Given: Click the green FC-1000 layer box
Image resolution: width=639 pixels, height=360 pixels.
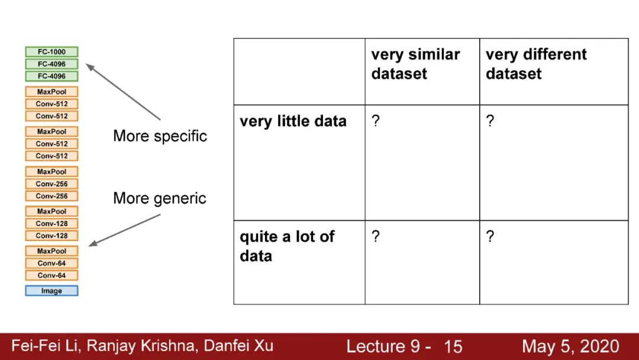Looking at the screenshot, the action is pos(51,52).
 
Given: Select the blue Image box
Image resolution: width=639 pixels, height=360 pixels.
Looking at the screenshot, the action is pos(51,291).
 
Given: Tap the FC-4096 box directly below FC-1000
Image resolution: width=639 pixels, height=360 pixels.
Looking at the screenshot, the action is pos(51,64).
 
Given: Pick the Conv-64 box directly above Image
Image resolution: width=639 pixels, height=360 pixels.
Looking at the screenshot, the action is pos(51,275).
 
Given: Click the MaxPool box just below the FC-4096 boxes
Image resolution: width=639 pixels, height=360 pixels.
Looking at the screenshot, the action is pos(51,92).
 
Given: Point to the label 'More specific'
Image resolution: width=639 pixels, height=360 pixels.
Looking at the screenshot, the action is pos(160,136).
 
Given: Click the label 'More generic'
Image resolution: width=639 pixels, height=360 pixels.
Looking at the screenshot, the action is pos(160,198).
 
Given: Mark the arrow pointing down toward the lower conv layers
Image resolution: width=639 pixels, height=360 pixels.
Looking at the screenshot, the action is pos(124,230).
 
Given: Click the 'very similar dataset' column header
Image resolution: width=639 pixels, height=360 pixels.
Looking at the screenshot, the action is pos(415,64).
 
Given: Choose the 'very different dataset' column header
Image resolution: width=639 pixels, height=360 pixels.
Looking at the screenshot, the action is pos(536,64).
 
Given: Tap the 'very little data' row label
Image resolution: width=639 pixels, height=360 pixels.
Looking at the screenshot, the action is pos(293,121).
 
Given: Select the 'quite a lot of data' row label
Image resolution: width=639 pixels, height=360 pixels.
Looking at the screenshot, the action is pos(287,246).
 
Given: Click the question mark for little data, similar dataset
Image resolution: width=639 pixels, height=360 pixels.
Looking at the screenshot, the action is pos(375,121).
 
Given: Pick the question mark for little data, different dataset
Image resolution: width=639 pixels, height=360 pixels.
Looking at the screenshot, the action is pos(490,121).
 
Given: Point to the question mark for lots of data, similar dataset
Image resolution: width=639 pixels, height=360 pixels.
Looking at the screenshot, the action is pos(375,237).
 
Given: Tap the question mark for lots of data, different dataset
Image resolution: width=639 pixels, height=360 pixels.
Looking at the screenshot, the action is pos(490,237).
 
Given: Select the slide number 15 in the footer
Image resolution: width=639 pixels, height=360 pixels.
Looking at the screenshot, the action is pos(453,346).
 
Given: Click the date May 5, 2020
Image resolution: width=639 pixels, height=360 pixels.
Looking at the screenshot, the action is pos(570,346).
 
